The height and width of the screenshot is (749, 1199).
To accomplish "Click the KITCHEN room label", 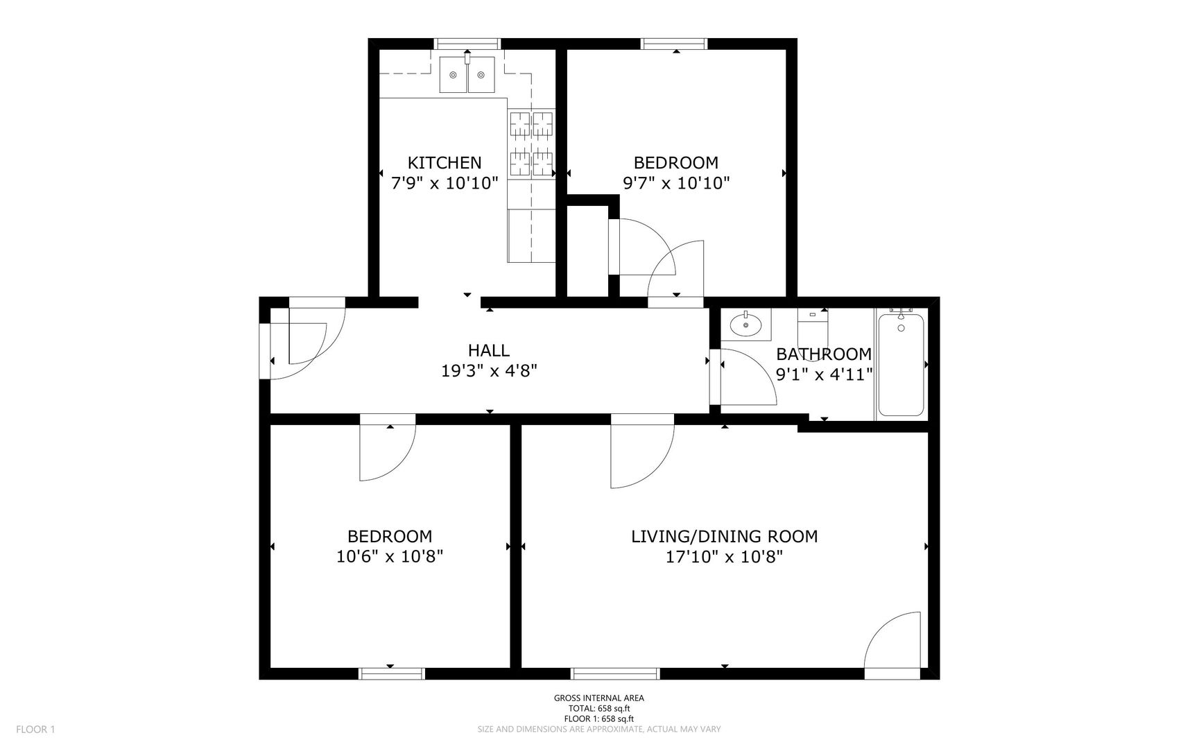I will (x=444, y=163).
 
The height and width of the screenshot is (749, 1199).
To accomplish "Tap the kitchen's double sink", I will (x=467, y=75).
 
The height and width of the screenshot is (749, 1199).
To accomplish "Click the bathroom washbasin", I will (x=746, y=325).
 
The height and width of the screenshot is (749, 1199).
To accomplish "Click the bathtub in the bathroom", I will (x=901, y=365).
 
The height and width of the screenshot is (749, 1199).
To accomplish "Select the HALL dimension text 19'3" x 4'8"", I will (x=489, y=371).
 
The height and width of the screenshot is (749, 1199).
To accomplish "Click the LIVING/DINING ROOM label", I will (x=724, y=536).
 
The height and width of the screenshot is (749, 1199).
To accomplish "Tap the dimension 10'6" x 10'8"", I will (x=389, y=556).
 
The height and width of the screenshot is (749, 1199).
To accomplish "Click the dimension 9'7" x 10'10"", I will (x=675, y=183).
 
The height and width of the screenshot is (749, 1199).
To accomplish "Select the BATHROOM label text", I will (x=823, y=354).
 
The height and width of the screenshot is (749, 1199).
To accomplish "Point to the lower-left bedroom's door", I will (x=386, y=451).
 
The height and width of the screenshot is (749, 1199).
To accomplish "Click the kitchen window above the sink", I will (x=467, y=44).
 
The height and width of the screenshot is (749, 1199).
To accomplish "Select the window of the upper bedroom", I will (x=675, y=44).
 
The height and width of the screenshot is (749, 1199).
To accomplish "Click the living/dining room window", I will (x=615, y=673).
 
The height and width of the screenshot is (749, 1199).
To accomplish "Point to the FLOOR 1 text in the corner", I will (x=35, y=729).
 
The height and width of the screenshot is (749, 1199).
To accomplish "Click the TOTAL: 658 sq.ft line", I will (x=598, y=709).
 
